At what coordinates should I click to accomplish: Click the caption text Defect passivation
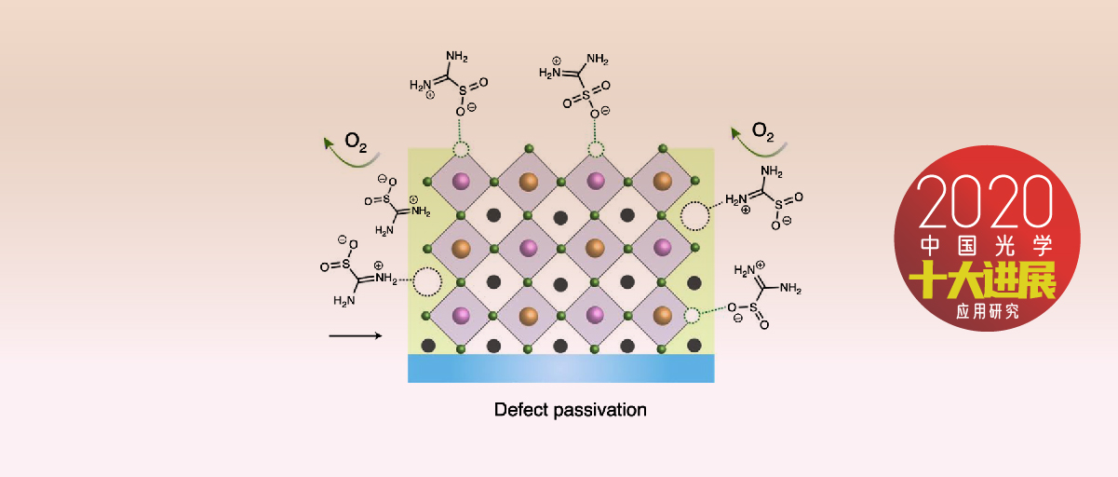(570, 410)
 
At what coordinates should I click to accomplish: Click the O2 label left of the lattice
(357, 142)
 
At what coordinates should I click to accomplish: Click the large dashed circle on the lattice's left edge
(427, 280)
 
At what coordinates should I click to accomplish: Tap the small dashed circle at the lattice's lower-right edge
(692, 316)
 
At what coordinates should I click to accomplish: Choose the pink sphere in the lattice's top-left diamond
(461, 181)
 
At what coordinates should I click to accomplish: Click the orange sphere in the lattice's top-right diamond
(663, 181)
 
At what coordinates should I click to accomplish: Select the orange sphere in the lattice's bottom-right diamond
(663, 315)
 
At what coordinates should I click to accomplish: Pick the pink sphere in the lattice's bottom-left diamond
(461, 315)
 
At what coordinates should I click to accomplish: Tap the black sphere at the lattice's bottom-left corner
(428, 346)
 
